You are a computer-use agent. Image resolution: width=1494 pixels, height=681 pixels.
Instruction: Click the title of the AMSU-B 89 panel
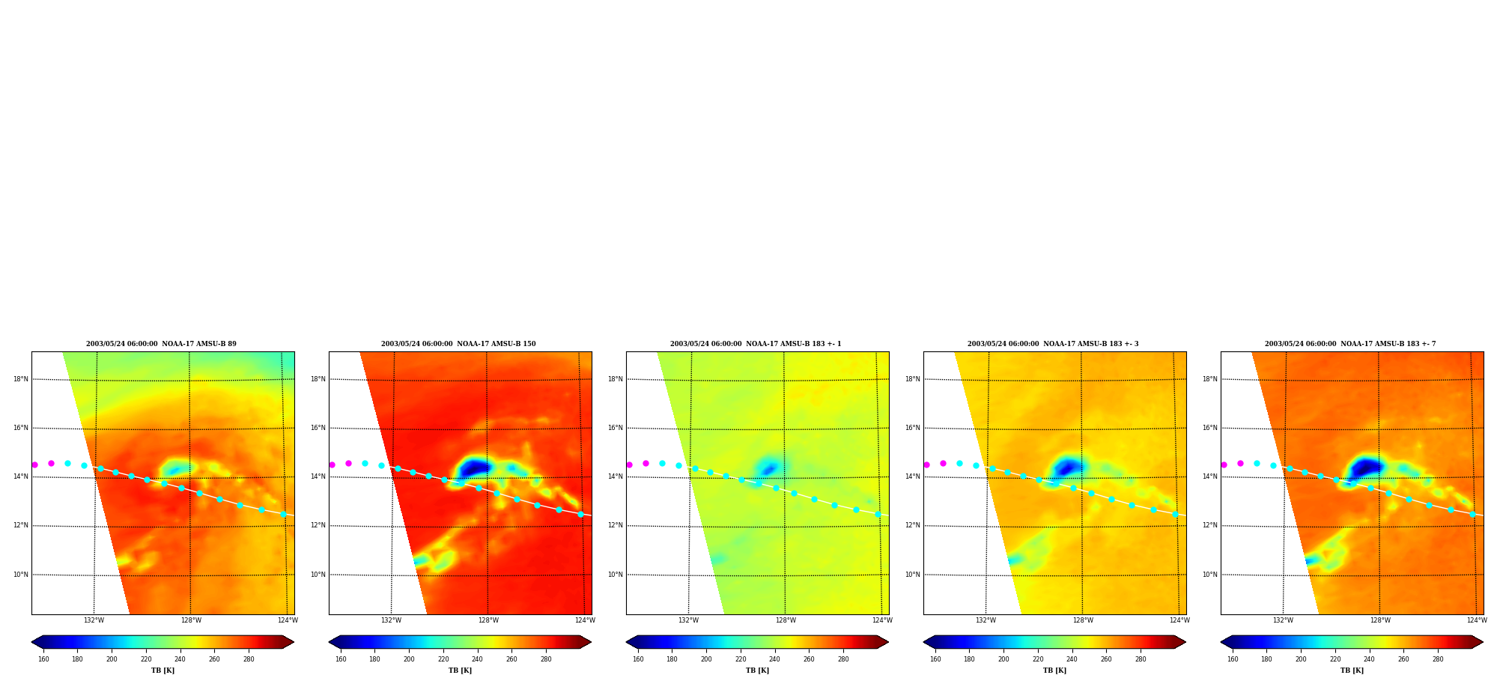tap(161, 344)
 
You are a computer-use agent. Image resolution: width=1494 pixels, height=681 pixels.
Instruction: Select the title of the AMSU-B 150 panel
tap(458, 344)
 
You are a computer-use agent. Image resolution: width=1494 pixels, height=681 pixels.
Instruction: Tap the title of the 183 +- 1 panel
tap(756, 344)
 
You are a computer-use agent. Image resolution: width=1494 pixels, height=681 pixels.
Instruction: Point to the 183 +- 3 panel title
tap(1053, 344)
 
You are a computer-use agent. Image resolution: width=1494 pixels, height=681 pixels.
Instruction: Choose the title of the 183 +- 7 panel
tap(1350, 344)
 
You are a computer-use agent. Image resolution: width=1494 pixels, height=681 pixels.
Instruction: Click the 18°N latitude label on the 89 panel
tap(20, 379)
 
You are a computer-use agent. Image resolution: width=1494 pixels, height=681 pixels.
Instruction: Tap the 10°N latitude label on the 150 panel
tap(318, 575)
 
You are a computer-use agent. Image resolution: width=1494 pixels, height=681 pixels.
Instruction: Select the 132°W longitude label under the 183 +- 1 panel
tap(688, 620)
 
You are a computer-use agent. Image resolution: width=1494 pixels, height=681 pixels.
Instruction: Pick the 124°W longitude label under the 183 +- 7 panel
tap(1477, 620)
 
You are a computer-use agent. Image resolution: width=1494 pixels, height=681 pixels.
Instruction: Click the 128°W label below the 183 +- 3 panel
tap(1083, 620)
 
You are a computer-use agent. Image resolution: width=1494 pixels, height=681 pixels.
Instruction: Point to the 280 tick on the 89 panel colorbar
tap(249, 659)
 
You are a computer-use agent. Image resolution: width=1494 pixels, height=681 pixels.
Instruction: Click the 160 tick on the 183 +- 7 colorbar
tap(1233, 659)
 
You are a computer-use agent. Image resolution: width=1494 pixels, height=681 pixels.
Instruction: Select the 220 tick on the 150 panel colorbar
tap(443, 659)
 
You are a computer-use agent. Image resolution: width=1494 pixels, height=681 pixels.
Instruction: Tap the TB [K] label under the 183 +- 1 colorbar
tap(757, 671)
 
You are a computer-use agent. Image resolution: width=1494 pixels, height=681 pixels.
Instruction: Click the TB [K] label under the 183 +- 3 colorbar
tap(1054, 671)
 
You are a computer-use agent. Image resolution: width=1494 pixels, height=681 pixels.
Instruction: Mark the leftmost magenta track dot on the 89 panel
tap(34, 464)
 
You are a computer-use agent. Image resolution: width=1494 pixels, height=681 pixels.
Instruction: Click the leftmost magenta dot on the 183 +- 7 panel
tap(1224, 464)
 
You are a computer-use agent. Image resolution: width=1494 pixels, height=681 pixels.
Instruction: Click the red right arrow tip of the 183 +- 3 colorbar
tap(1185, 642)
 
